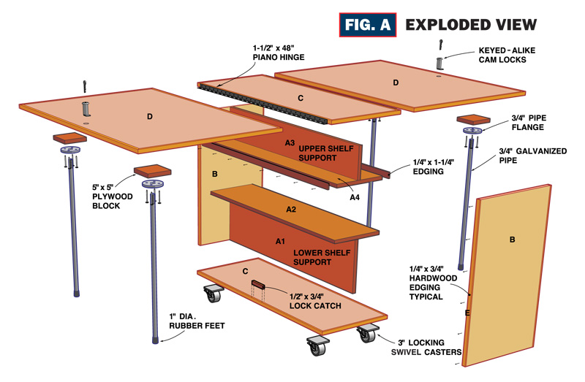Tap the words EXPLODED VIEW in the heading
point(471,24)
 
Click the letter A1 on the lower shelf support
point(281,240)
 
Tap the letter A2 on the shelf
point(291,210)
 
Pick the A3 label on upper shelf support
point(290,142)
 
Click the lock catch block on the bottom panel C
point(258,283)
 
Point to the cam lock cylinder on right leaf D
point(439,63)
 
